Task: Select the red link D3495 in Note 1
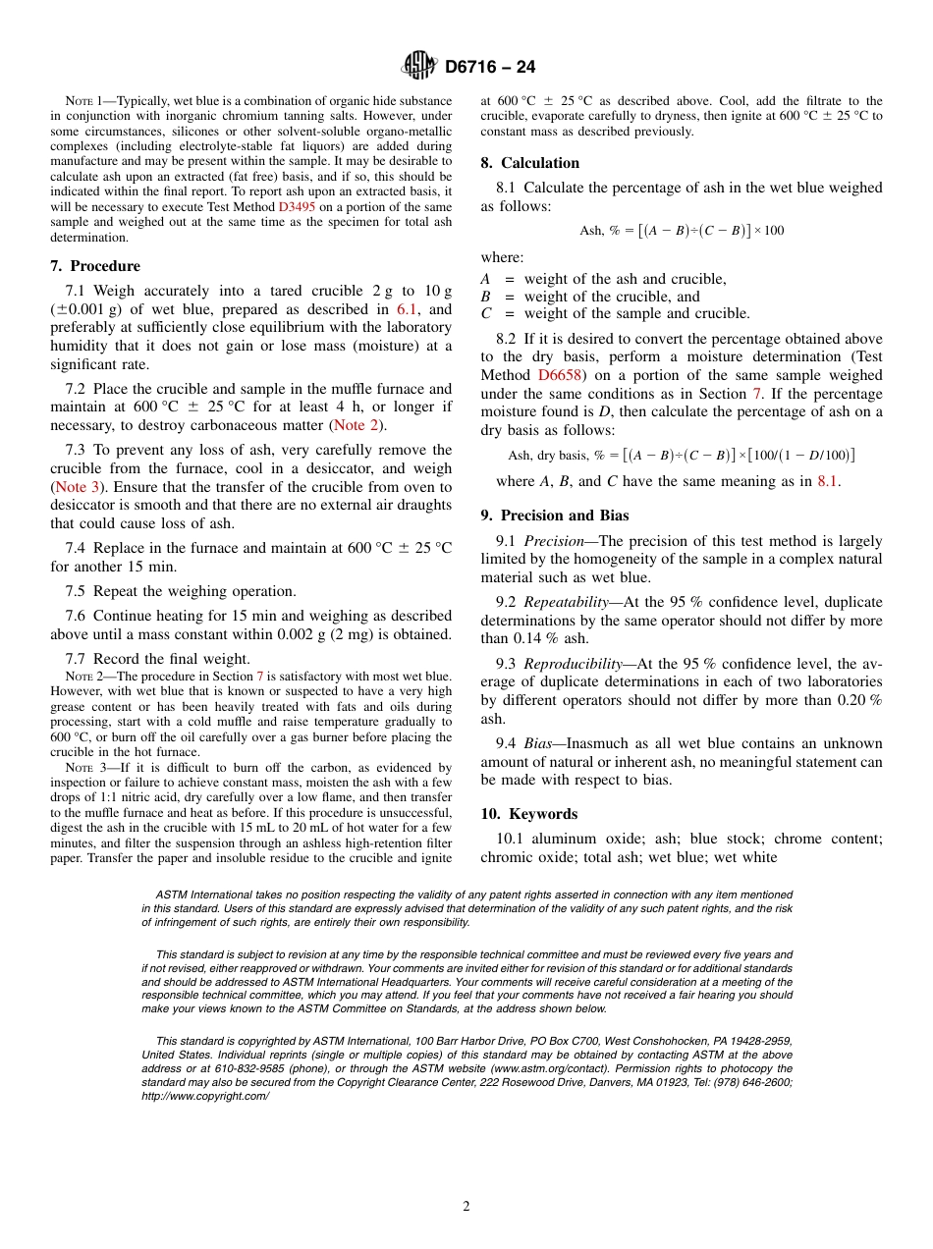(296, 207)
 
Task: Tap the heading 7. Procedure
(95, 266)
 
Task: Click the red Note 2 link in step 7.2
(357, 425)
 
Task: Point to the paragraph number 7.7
(77, 659)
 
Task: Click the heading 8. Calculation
(530, 163)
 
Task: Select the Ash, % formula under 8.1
(682, 231)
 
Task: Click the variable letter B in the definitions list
(485, 297)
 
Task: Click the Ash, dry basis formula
(682, 456)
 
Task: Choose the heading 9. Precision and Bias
(555, 516)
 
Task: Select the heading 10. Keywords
(529, 814)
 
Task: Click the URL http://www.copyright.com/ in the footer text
(205, 1096)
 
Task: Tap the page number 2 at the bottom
(466, 1207)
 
